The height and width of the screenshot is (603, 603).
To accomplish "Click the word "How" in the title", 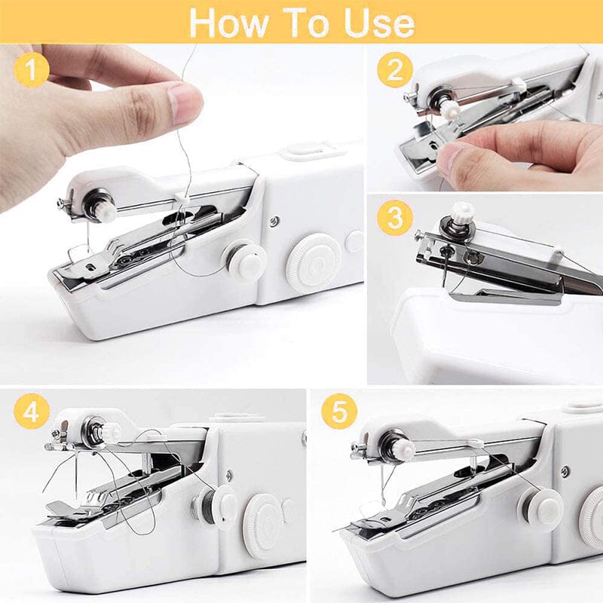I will tap(227, 23).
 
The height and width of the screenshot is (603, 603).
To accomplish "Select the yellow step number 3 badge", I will tap(395, 219).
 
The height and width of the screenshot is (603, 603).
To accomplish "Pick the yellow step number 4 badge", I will tap(32, 412).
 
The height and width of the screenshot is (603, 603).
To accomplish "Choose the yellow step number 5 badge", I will tap(339, 412).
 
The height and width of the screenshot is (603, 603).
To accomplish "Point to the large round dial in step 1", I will tap(314, 263).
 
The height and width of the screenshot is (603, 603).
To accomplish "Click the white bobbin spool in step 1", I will tap(246, 260).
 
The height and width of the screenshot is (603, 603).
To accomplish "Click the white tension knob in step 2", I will tap(451, 110).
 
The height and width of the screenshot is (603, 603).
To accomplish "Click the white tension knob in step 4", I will tap(110, 432).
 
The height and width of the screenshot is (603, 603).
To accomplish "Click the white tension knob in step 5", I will tap(403, 450).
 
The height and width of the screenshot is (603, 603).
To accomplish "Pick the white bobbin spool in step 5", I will tap(541, 507).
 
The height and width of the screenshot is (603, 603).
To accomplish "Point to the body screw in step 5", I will tap(564, 472).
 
